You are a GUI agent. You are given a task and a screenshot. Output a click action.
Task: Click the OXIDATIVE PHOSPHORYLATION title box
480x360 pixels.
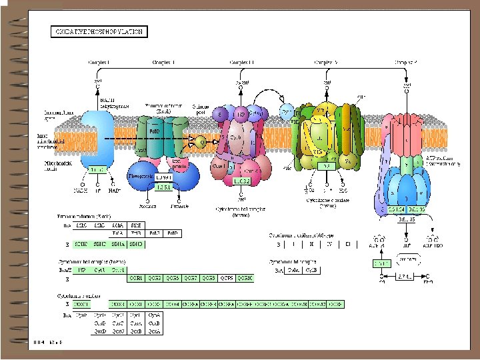click(x=100, y=31)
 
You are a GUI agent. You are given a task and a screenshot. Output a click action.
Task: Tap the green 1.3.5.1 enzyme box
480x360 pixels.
click(x=164, y=188)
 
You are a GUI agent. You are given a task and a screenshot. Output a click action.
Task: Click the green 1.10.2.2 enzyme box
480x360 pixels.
click(x=241, y=181)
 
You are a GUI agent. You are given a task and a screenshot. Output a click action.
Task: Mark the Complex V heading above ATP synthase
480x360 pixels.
click(x=407, y=62)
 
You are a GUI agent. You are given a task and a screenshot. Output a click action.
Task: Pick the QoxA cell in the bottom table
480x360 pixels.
click(x=154, y=330)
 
